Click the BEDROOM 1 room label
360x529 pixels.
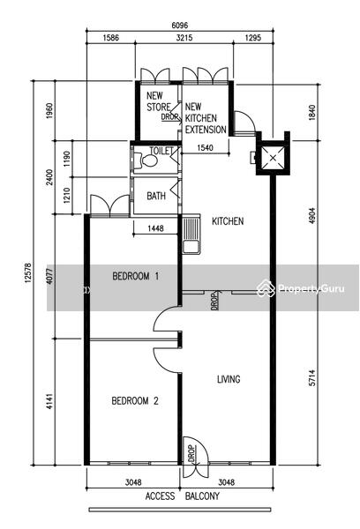pyautogui.click(x=135, y=277)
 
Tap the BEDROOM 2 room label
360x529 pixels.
pyautogui.click(x=135, y=401)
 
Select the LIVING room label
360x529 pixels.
pyautogui.click(x=229, y=379)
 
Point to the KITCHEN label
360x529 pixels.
pyautogui.click(x=228, y=221)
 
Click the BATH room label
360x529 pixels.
pyautogui.click(x=156, y=196)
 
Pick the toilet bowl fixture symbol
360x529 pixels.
pyautogui.click(x=146, y=160)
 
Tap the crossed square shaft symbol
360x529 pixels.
pyautogui.click(x=274, y=158)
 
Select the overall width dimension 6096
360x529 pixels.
pyautogui.click(x=180, y=26)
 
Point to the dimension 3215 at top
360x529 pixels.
pyautogui.click(x=184, y=37)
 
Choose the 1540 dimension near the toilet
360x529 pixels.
pyautogui.click(x=205, y=147)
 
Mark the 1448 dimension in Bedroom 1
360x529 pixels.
pyautogui.click(x=155, y=228)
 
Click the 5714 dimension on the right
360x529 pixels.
pyautogui.click(x=312, y=378)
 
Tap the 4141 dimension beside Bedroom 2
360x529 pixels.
pyautogui.click(x=49, y=401)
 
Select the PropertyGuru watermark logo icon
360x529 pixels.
pyautogui.click(x=266, y=289)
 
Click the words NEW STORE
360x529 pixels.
pyautogui.click(x=159, y=101)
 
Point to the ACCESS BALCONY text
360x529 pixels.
pyautogui.click(x=183, y=496)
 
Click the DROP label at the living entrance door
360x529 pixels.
pyautogui.click(x=191, y=454)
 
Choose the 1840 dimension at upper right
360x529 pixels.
pyautogui.click(x=311, y=112)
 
